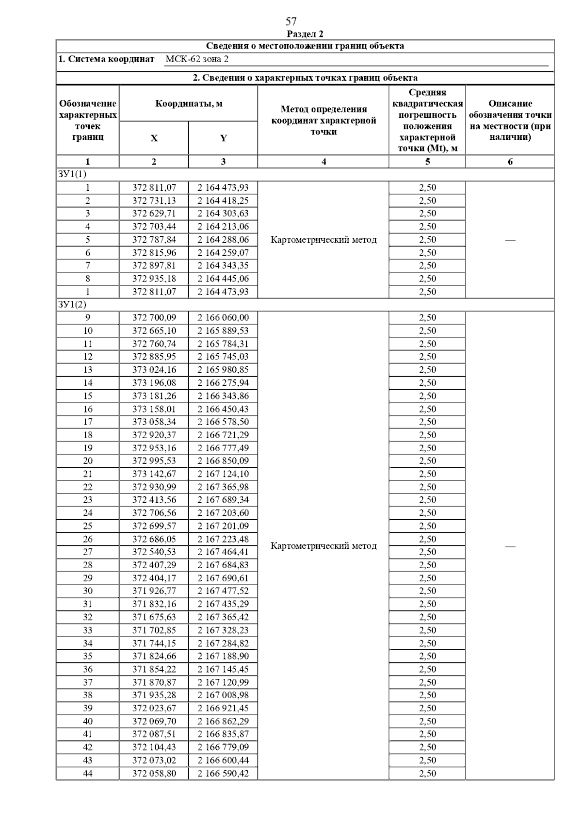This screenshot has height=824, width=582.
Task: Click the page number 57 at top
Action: [x=291, y=21]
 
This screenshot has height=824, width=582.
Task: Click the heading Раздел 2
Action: [x=305, y=33]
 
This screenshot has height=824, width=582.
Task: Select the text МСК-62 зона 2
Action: [x=197, y=59]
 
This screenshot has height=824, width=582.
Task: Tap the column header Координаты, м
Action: [x=189, y=103]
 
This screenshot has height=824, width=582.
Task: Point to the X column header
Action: [x=154, y=138]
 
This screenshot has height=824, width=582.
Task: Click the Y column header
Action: [x=223, y=138]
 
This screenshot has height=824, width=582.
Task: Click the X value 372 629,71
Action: [x=154, y=214]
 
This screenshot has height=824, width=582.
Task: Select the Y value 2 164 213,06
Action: [x=223, y=227]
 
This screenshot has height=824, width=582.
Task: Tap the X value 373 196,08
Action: [x=154, y=383]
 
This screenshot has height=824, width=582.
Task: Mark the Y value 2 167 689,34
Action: [x=223, y=500]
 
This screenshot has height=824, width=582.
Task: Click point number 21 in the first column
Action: [x=88, y=474]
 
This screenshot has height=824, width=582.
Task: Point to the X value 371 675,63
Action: [x=154, y=617]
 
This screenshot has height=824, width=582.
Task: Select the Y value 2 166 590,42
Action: [x=223, y=774]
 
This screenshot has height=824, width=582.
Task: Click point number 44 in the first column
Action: [x=88, y=774]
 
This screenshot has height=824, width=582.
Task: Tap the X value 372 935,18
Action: [x=154, y=279]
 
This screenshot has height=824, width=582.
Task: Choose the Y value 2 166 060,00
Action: [x=223, y=318]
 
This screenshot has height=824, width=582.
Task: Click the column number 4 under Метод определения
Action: [x=323, y=162]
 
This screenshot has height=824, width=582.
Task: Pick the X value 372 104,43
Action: [x=154, y=747]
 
